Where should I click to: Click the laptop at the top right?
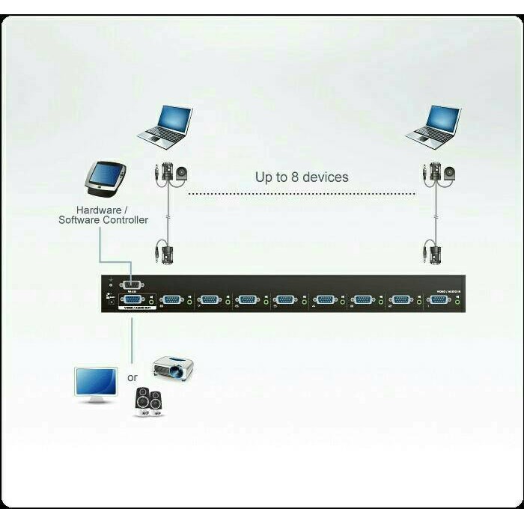(433, 124)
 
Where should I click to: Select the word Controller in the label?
(123, 220)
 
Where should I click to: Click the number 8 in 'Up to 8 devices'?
(295, 177)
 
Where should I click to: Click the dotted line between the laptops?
(299, 194)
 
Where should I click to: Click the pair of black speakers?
(149, 402)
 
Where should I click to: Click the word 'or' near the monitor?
(132, 377)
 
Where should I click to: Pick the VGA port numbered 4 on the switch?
(325, 299)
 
